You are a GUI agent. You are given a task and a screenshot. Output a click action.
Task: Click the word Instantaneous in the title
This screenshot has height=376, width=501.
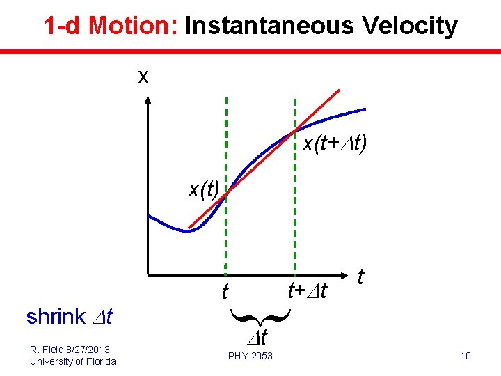point(269,26)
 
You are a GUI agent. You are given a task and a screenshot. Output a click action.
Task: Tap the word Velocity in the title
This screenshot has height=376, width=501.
point(409,26)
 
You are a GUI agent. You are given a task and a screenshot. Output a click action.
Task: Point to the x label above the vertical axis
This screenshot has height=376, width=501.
point(143,76)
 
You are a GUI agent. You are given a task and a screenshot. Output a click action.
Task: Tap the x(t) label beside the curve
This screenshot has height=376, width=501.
point(204,189)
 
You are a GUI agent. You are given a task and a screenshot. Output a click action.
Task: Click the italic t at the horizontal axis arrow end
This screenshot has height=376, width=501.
point(360,277)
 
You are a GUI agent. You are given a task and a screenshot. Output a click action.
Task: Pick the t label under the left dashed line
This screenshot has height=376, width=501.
point(225,292)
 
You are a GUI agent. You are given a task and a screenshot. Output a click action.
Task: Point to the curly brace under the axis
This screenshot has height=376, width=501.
point(259,318)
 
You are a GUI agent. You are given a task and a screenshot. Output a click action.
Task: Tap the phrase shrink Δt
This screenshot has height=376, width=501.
point(70,317)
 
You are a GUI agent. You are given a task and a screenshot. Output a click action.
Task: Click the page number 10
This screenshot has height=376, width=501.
point(466,357)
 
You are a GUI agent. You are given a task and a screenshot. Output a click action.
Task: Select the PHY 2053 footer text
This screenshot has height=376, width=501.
point(250,357)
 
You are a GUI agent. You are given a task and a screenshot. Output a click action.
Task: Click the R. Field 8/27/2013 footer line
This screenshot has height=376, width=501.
point(70,349)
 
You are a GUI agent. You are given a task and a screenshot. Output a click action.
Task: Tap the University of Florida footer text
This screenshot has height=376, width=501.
point(73,361)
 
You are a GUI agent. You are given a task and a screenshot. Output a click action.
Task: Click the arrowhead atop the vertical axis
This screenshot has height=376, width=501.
point(148,100)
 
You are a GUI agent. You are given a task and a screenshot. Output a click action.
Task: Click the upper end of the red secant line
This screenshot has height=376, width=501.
point(338,91)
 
